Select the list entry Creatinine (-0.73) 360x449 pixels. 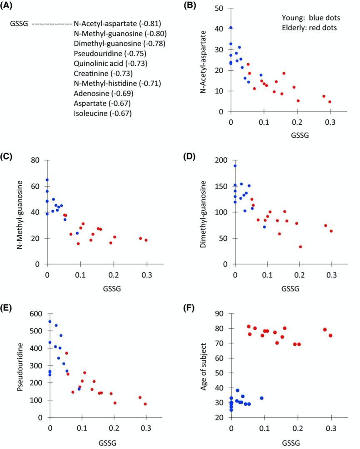[103, 74]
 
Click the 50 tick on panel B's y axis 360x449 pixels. [222, 8]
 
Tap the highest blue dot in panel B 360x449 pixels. [231, 28]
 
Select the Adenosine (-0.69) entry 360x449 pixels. [103, 93]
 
